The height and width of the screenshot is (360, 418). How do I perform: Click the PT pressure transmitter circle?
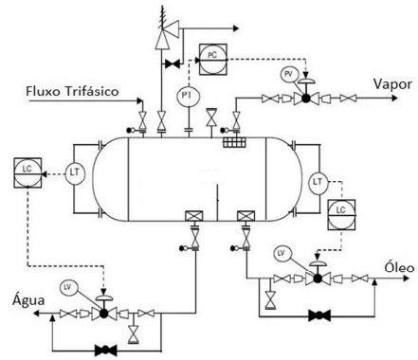click(x=187, y=96)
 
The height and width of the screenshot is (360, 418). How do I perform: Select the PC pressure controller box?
click(x=212, y=60)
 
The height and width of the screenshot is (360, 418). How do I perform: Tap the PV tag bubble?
click(x=288, y=75)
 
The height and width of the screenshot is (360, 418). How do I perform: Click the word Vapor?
click(x=392, y=84)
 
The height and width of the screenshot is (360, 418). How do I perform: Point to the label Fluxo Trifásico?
click(x=72, y=91)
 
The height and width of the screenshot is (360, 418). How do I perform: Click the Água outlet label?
click(x=28, y=300)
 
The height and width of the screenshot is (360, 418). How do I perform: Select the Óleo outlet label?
click(x=399, y=267)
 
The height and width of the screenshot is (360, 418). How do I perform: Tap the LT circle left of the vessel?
click(x=75, y=173)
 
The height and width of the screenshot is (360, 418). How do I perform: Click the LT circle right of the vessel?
click(x=318, y=182)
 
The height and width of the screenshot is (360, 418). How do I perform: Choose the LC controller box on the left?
click(x=27, y=172)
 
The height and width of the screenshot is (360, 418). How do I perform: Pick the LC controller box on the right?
click(x=341, y=214)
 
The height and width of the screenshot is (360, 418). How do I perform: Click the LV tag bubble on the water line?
click(x=67, y=287)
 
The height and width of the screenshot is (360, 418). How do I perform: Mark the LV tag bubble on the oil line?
click(x=281, y=253)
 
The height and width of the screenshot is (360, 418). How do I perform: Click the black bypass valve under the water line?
click(x=106, y=350)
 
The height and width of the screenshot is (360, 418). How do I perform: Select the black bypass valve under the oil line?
click(x=319, y=315)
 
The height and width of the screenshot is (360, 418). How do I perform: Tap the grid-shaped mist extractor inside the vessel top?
click(x=235, y=143)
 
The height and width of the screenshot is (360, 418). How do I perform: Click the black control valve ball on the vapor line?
click(x=305, y=99)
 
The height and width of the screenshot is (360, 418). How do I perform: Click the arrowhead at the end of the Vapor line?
click(x=394, y=99)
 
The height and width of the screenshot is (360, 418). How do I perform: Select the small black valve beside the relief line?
click(x=173, y=64)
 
